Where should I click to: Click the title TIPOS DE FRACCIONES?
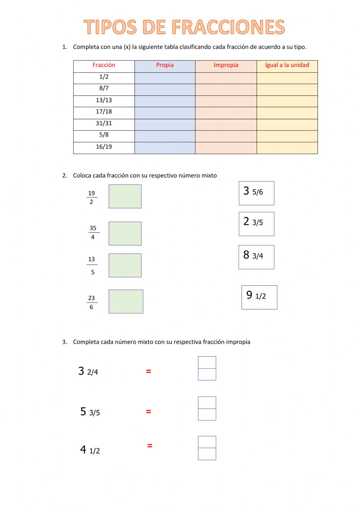click(184, 27)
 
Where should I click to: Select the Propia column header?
click(165, 65)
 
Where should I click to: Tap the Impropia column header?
click(226, 65)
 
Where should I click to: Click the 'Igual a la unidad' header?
click(287, 65)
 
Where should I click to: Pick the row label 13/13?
click(104, 100)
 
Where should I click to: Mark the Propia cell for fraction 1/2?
click(165, 78)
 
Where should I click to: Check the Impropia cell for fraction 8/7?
click(226, 89)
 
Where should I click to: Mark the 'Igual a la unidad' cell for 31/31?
click(287, 124)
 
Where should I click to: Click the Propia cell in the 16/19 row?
click(165, 148)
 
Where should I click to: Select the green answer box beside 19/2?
click(125, 196)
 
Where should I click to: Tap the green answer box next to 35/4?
click(125, 233)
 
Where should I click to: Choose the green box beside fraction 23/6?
click(126, 302)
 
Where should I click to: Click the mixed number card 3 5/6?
click(256, 193)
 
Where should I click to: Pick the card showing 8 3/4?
click(256, 257)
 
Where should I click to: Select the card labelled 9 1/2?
click(259, 297)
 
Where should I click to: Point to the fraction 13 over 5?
click(92, 265)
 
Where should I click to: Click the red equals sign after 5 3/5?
click(148, 411)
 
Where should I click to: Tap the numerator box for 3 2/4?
click(207, 362)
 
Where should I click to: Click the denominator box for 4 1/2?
click(207, 454)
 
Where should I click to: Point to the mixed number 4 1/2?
click(90, 450)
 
